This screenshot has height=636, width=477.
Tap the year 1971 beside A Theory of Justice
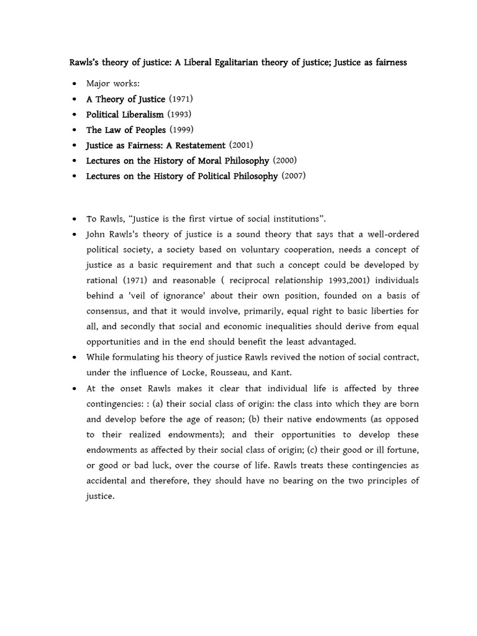click(x=182, y=99)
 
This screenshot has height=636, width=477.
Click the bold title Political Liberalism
click(x=125, y=114)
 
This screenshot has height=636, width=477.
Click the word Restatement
click(x=198, y=145)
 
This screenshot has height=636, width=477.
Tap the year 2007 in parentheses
click(x=294, y=176)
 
